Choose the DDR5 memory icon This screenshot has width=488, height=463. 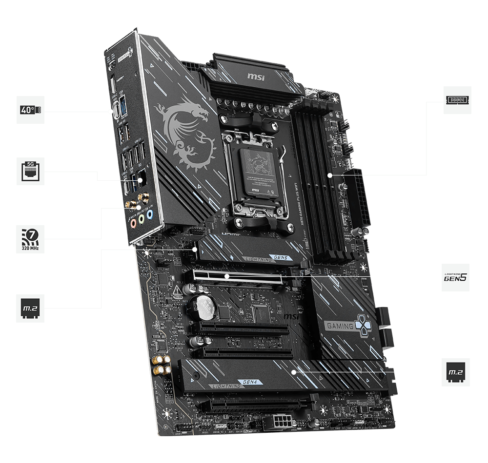(x=457, y=100)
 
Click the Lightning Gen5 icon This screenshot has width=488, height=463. (x=456, y=277)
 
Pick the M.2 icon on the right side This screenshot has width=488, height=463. (x=456, y=373)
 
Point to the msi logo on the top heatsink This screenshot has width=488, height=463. (x=256, y=76)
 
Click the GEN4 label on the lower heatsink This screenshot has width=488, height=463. (x=246, y=382)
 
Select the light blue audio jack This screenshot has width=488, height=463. (x=150, y=214)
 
